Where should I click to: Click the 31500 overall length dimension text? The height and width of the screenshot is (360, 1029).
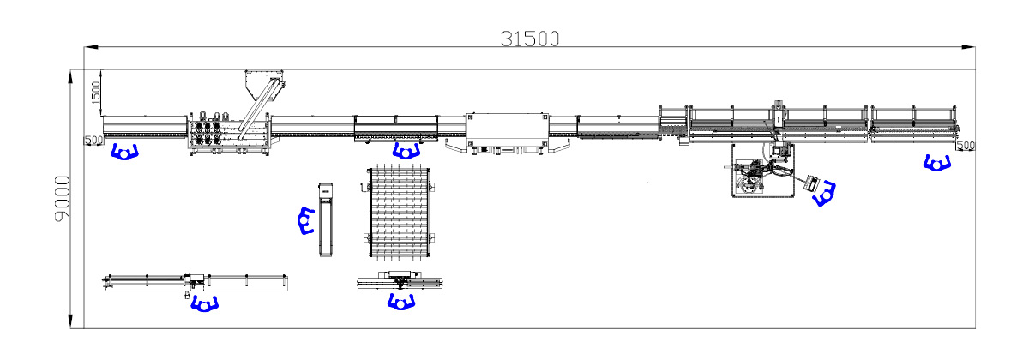(530, 39)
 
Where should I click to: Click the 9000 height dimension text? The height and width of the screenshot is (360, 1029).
(63, 199)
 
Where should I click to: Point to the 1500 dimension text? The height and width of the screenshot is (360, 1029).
(95, 93)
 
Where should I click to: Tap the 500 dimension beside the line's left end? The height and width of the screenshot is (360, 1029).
(94, 140)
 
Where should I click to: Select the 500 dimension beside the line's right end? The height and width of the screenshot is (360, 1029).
(966, 146)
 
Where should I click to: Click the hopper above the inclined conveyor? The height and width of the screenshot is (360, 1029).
(263, 84)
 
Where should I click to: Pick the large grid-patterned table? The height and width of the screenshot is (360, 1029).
(399, 213)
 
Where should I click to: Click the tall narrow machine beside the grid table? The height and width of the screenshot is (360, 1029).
(325, 220)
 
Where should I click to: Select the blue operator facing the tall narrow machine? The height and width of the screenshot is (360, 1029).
(305, 220)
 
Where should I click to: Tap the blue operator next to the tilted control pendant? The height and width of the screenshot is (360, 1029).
(824, 194)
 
